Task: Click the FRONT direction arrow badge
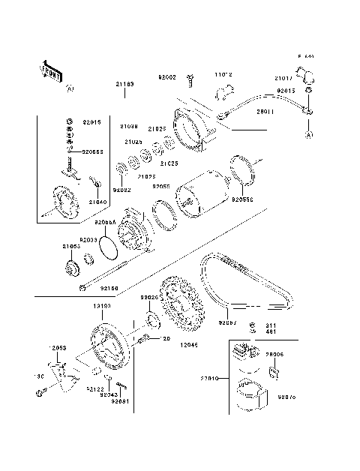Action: click(50, 70)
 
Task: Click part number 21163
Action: click(124, 85)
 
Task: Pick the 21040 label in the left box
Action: click(98, 202)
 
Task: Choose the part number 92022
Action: click(122, 190)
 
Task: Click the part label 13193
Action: click(103, 307)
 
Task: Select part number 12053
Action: click(59, 349)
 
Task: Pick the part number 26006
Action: click(274, 355)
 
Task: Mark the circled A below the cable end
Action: click(307, 134)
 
